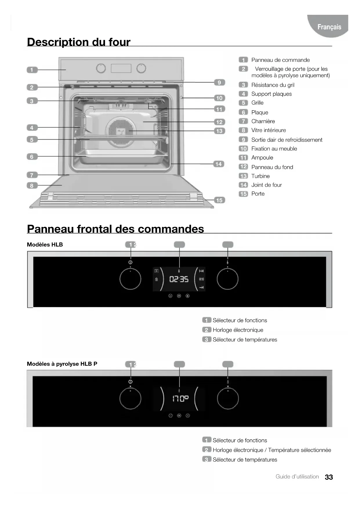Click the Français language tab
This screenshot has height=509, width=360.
click(x=329, y=27)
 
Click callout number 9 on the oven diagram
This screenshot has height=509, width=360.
click(x=219, y=83)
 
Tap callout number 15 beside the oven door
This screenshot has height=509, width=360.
click(x=219, y=200)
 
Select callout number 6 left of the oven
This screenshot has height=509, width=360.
click(x=32, y=157)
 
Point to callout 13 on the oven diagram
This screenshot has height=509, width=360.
click(x=219, y=131)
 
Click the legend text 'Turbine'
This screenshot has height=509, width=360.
click(x=260, y=176)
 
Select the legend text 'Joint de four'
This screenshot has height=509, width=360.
click(x=266, y=185)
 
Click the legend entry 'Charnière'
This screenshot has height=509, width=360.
click(x=263, y=121)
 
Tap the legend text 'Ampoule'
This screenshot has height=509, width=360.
click(x=262, y=158)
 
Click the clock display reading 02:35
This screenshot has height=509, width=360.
click(x=179, y=279)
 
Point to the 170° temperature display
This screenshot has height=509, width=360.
click(x=180, y=399)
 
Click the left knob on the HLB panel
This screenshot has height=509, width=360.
click(x=130, y=279)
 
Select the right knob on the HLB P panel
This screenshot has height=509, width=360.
click(x=228, y=399)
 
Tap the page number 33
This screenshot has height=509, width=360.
click(x=329, y=477)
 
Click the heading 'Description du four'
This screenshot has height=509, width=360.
click(x=79, y=42)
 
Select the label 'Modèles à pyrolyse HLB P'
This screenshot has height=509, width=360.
click(x=62, y=364)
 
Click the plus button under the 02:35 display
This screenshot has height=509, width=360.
click(x=188, y=296)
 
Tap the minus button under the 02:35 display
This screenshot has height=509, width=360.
click(x=170, y=296)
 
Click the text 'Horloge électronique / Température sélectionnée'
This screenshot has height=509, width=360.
click(x=272, y=450)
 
